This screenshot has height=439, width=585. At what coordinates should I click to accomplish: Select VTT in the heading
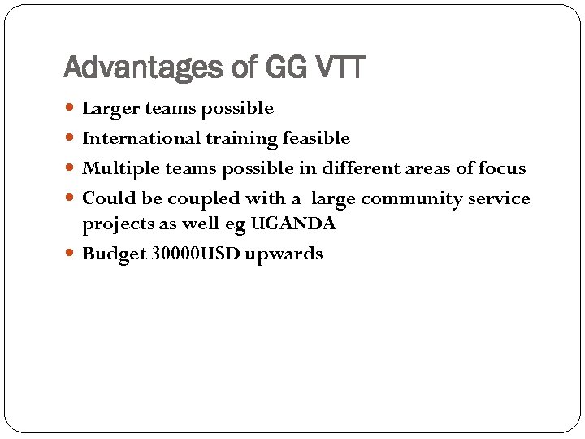337,67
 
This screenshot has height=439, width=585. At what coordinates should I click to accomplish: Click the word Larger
110,108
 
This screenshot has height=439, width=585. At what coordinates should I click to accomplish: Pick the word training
228,138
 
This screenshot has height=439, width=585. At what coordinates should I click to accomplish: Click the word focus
503,168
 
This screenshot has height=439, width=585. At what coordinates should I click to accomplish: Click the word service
497,198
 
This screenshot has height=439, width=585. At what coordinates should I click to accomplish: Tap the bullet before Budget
73,254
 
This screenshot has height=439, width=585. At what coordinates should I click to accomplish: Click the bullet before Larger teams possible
73,108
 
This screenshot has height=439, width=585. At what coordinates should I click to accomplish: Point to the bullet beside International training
73,138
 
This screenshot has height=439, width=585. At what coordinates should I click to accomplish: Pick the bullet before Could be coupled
73,198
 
